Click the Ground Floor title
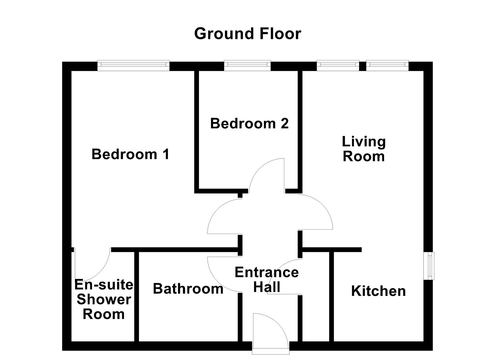(x=247, y=34)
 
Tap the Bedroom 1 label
(x=130, y=154)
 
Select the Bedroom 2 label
(x=249, y=124)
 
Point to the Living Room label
(x=364, y=149)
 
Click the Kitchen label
(x=378, y=291)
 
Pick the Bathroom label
(x=188, y=289)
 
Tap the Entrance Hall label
(x=267, y=280)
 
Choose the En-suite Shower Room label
(x=104, y=299)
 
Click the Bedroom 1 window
(x=133, y=65)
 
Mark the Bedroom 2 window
(x=247, y=65)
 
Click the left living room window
(x=338, y=65)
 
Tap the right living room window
(x=387, y=65)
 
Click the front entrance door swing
(x=270, y=330)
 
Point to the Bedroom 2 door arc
(x=267, y=175)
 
